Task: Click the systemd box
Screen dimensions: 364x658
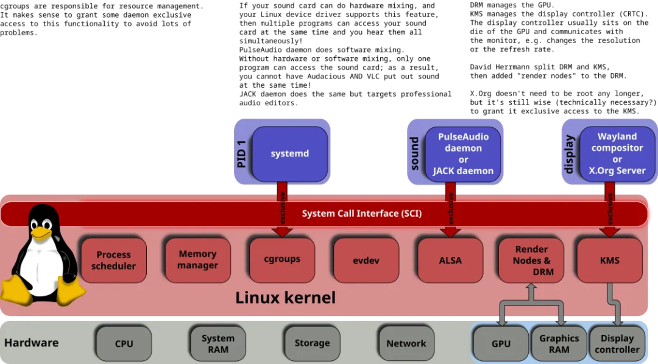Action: pyautogui.click(x=290, y=153)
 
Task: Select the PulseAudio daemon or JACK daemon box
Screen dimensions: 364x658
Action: pyautogui.click(x=463, y=153)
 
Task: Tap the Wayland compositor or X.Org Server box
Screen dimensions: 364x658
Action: pyautogui.click(x=617, y=153)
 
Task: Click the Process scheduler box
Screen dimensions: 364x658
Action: pyautogui.click(x=113, y=260)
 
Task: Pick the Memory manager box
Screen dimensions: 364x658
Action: pyautogui.click(x=197, y=259)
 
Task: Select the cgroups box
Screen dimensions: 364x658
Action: pyautogui.click(x=282, y=259)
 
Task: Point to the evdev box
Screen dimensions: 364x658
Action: pyautogui.click(x=366, y=260)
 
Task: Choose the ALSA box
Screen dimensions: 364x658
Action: pyautogui.click(x=450, y=260)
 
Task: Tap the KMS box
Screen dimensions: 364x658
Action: pyautogui.click(x=609, y=260)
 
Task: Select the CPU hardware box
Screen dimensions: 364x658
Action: pyautogui.click(x=124, y=343)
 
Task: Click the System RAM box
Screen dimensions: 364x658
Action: pyautogui.click(x=218, y=343)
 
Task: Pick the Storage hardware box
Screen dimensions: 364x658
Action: pyautogui.click(x=312, y=343)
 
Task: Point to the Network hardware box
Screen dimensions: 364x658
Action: pyautogui.click(x=406, y=343)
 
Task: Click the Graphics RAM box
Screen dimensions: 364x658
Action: pyautogui.click(x=559, y=343)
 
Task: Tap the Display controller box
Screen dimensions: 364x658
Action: pyautogui.click(x=617, y=343)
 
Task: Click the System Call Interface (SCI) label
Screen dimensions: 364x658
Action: pyautogui.click(x=362, y=214)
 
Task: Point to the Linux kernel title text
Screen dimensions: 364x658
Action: pyautogui.click(x=285, y=298)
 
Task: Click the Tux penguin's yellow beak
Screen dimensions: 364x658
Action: pyautogui.click(x=41, y=232)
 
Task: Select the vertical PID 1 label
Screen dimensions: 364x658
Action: pyautogui.click(x=242, y=152)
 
